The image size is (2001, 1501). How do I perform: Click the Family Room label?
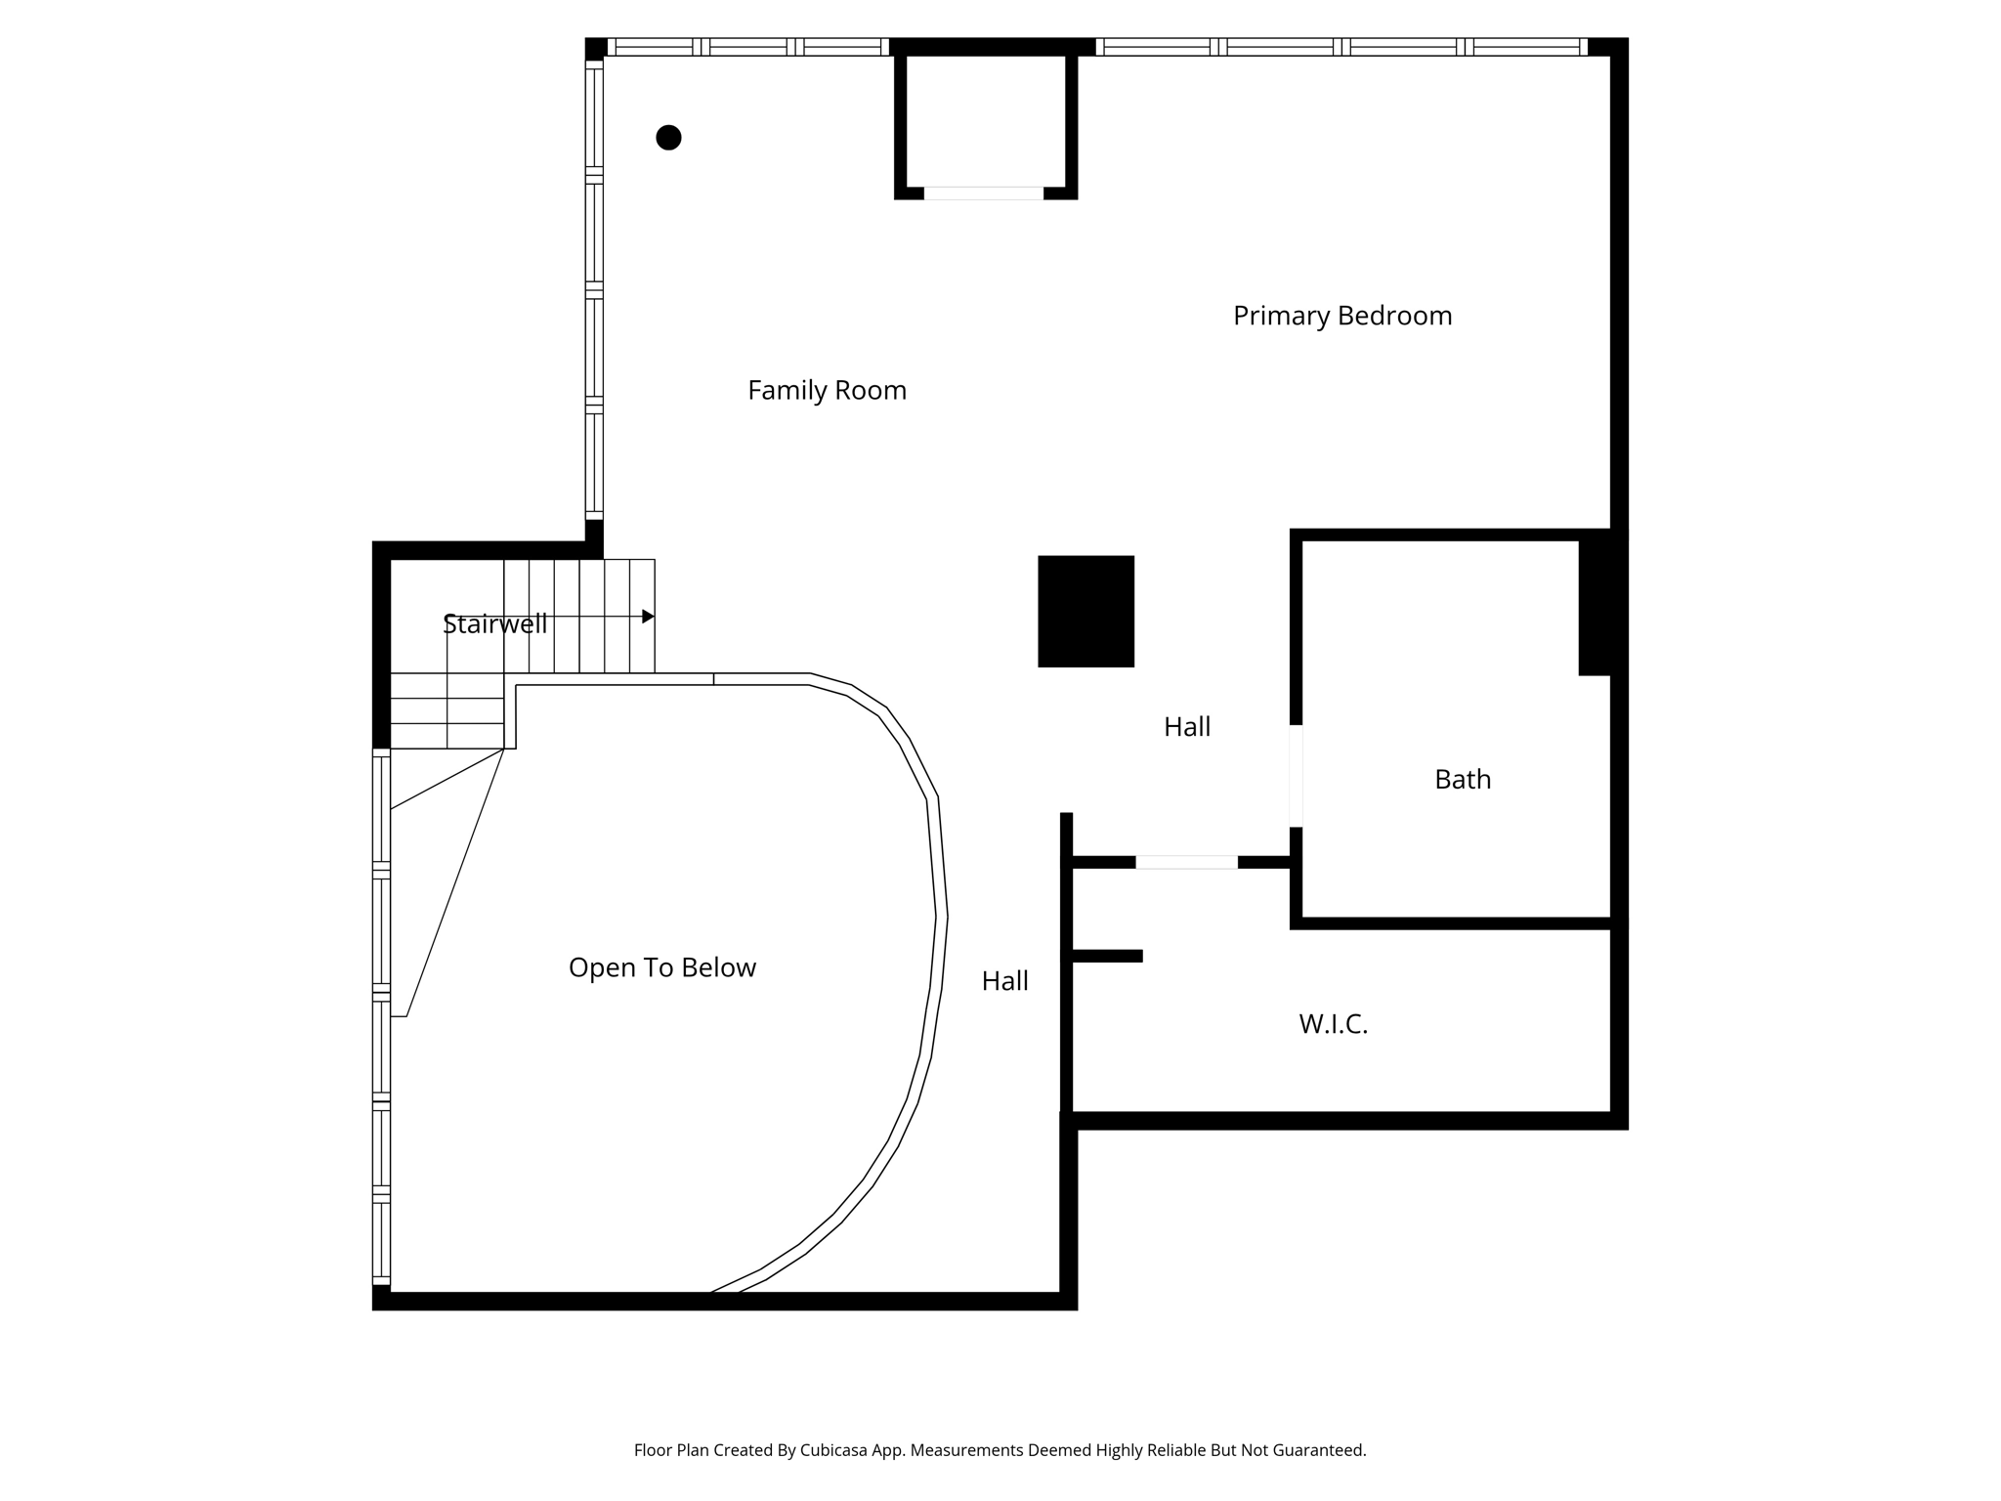827,391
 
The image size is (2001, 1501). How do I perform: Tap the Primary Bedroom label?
1341,316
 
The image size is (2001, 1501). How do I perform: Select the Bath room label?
1462,780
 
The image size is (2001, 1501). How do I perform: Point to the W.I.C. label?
1333,1024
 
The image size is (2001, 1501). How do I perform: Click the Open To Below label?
661,967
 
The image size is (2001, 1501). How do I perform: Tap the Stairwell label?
494,624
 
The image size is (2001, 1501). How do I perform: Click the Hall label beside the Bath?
1186,727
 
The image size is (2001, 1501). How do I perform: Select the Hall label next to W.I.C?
1004,981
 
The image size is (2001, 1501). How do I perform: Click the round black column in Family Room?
668,138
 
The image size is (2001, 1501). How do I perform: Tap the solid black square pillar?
1086,612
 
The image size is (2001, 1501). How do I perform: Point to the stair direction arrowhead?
648,617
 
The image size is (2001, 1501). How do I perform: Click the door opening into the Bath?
1296,776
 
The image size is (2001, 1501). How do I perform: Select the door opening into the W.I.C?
1186,862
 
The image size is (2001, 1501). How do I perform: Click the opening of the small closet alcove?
983,193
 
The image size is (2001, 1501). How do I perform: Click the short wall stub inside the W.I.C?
1107,956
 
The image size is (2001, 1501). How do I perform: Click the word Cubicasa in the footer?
836,1450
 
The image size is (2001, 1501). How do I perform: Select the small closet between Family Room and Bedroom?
985,119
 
